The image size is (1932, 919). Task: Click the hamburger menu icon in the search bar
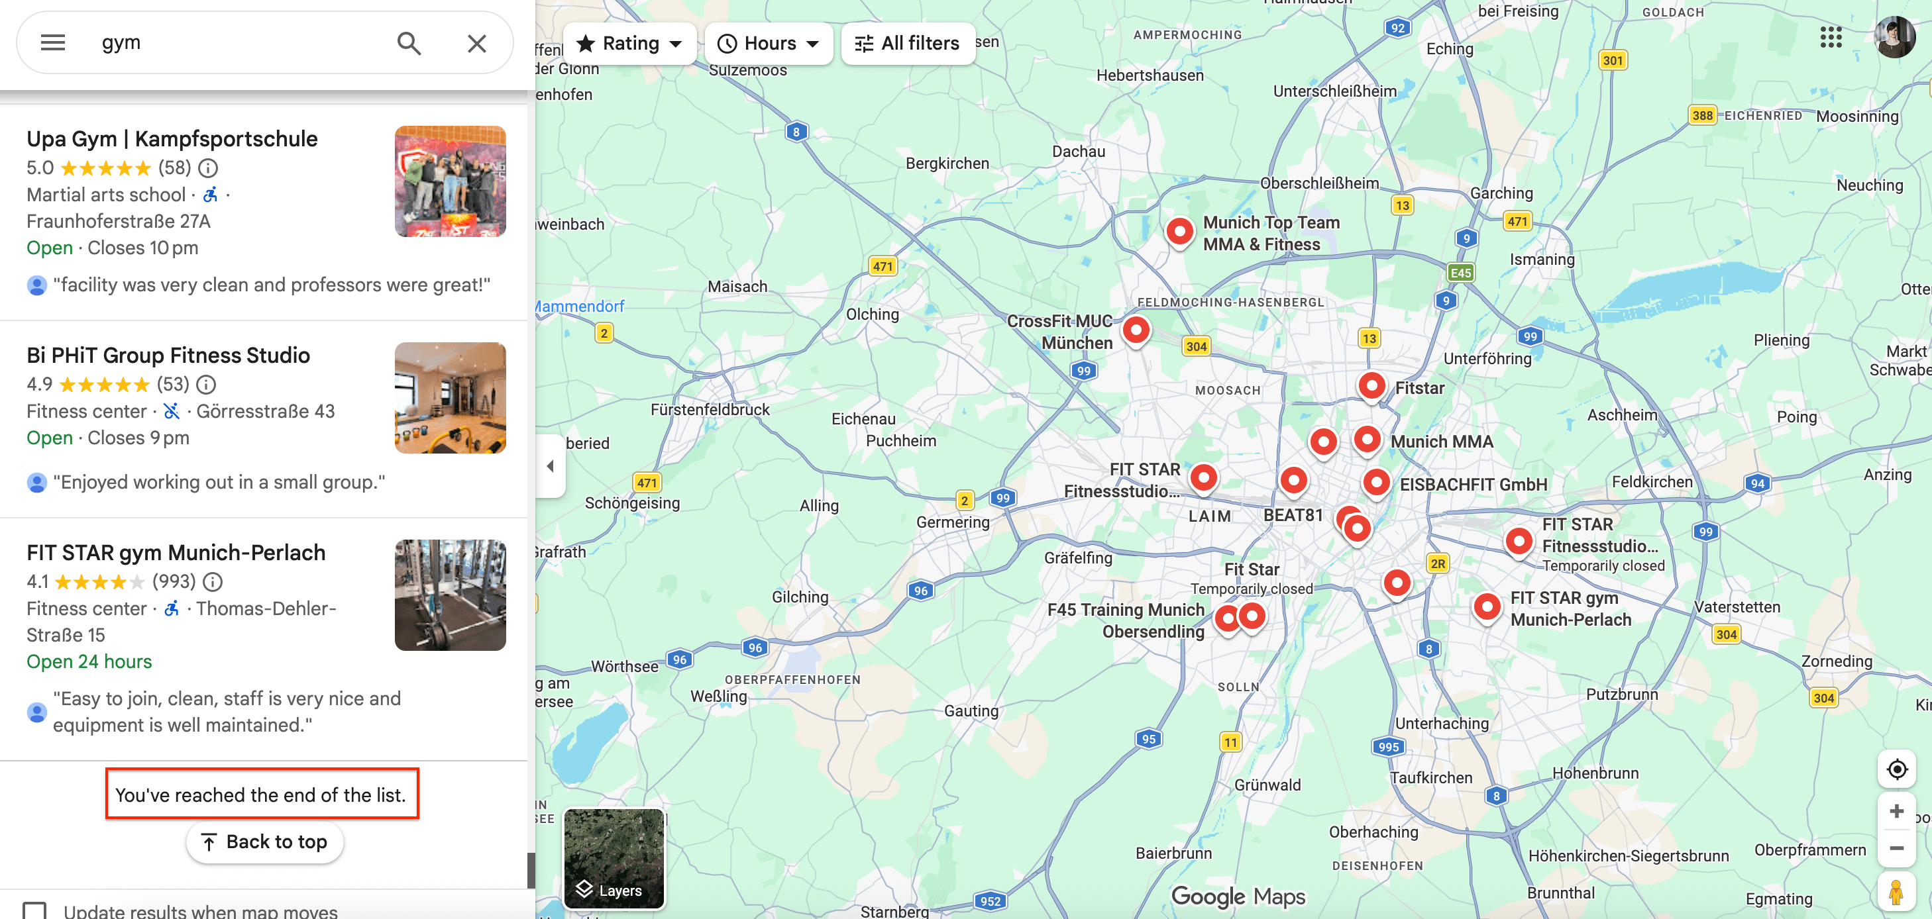pos(52,43)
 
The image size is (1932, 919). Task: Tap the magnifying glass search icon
pos(409,44)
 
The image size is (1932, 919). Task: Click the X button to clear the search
pos(477,44)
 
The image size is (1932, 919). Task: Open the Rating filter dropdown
pos(629,44)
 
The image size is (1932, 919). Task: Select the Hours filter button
pos(769,44)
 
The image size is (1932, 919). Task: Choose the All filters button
pos(908,44)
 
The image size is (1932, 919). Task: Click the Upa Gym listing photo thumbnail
pos(450,181)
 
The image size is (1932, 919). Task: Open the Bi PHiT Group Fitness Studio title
pos(168,356)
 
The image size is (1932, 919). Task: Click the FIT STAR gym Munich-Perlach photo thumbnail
pos(450,595)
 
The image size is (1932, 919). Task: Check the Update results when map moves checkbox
pos(34,910)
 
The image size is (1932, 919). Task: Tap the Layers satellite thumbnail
pos(614,857)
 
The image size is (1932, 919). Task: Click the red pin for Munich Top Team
pos(1179,231)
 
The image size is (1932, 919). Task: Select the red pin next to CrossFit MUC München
pos(1136,330)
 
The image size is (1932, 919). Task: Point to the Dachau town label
pos(1079,152)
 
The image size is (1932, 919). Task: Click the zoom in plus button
pos(1897,811)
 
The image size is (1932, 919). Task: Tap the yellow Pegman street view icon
pos(1896,892)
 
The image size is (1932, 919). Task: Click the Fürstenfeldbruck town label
pos(710,409)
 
